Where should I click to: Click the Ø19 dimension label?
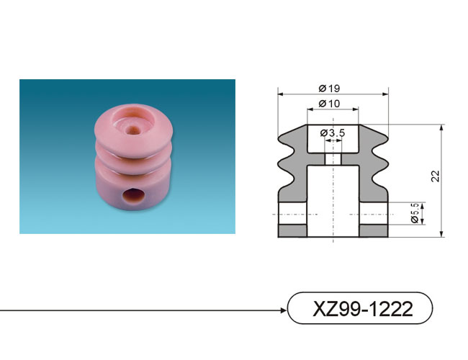[x=329, y=89]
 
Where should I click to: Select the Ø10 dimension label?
[x=329, y=104]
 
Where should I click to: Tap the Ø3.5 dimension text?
[x=333, y=132]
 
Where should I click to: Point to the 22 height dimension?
[x=436, y=176]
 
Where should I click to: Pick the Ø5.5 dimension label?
[x=415, y=213]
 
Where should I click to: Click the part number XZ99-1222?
[x=362, y=309]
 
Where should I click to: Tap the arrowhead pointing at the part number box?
[x=284, y=310]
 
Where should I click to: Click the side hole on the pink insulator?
[x=133, y=196]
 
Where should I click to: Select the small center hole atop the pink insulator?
[x=132, y=130]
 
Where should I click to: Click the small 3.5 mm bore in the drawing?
[x=333, y=159]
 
